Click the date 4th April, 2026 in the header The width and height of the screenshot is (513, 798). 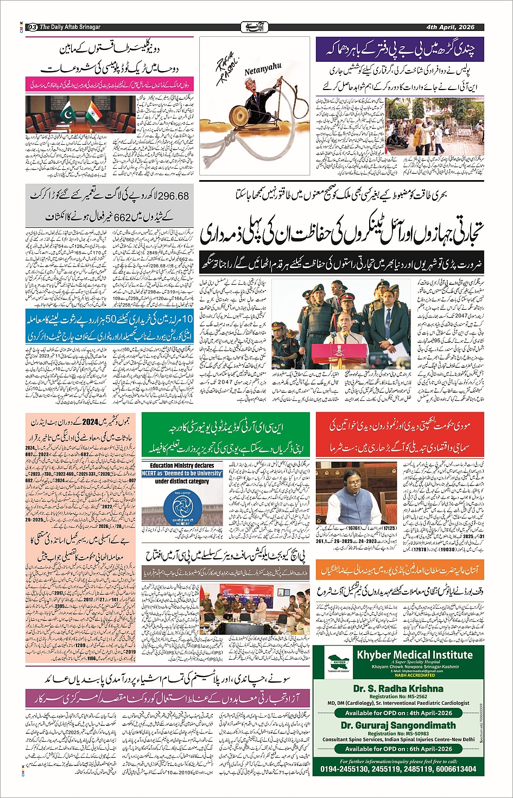pos(450,27)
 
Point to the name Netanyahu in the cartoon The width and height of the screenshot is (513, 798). pos(263,69)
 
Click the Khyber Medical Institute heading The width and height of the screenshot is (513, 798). pos(414,654)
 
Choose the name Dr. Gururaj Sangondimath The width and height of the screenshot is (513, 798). pos(398,725)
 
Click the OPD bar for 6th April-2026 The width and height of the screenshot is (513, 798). pos(398,749)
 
